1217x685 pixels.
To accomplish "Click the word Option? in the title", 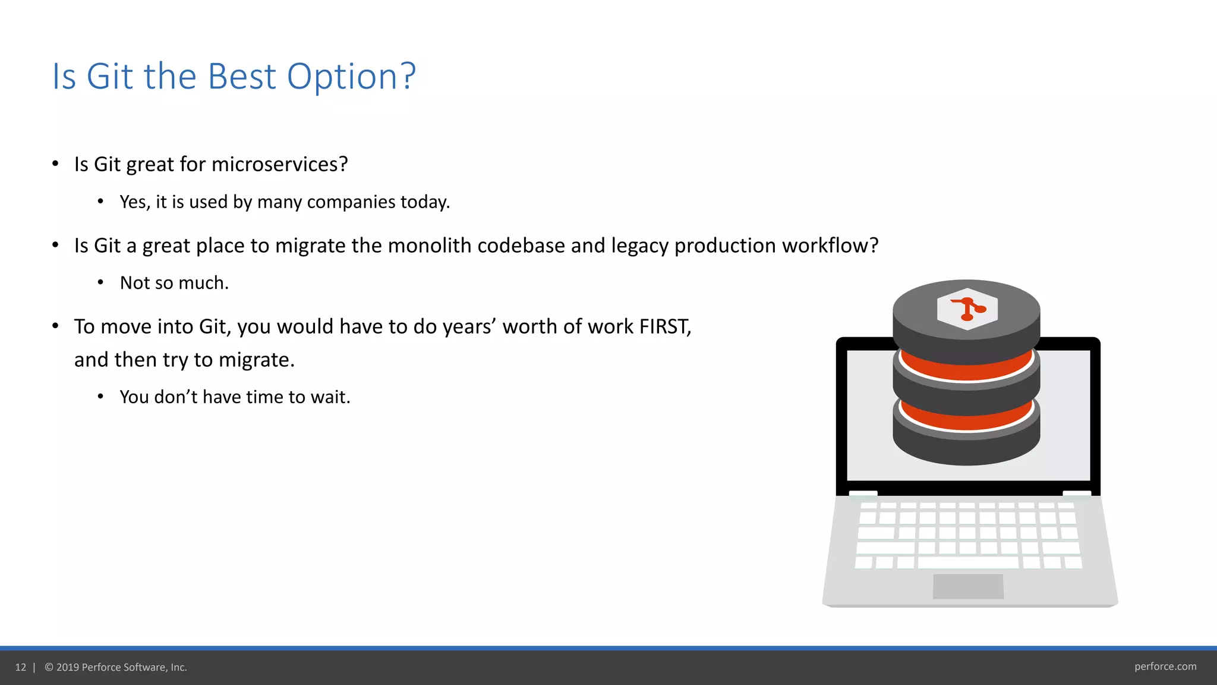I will tap(351, 77).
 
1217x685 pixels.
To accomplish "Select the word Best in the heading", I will tap(242, 77).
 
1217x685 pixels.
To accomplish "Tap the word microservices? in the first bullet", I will tap(279, 164).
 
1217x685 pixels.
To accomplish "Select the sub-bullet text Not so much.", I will tap(174, 283).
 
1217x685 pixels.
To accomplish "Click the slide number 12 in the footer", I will tap(21, 667).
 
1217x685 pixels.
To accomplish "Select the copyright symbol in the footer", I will tap(49, 667).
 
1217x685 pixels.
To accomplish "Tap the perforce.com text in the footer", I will tap(1165, 667).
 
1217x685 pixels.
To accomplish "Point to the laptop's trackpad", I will tap(967, 586).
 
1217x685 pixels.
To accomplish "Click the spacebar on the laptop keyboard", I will tap(967, 562).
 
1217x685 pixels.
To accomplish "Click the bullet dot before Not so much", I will tap(101, 282).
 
